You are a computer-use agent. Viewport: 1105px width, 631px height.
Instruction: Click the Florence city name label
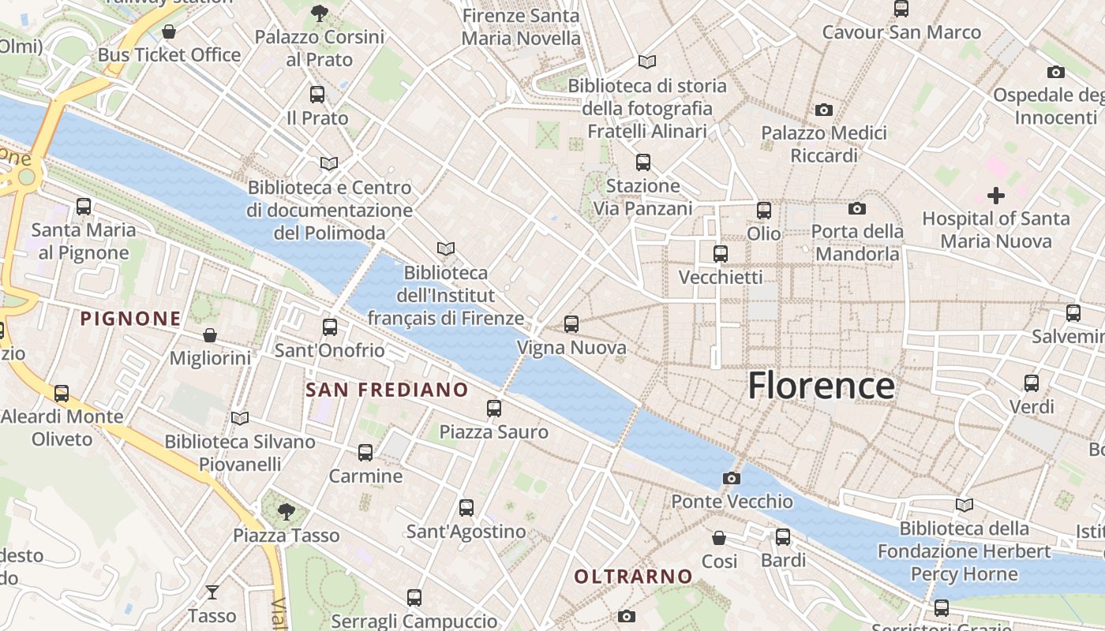(821, 386)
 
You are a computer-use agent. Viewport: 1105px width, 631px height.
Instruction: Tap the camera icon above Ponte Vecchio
(732, 478)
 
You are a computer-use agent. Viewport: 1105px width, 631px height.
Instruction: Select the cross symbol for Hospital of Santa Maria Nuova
(996, 195)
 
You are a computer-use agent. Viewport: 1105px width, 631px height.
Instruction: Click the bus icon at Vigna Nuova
(571, 324)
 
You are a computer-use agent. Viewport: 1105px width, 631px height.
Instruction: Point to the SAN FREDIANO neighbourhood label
(387, 390)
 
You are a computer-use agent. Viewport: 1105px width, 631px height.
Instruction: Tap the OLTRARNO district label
(633, 577)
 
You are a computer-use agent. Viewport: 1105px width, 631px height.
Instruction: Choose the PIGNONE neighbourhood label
(131, 319)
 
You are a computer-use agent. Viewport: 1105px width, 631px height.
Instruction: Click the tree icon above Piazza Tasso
(287, 512)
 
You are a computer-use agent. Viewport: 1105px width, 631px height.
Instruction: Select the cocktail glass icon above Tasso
(212, 592)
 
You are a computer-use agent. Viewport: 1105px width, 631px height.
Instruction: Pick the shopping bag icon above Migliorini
(210, 335)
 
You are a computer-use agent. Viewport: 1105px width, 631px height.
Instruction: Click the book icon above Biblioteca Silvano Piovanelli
(240, 418)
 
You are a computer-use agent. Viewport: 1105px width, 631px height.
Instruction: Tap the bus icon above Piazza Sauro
(494, 409)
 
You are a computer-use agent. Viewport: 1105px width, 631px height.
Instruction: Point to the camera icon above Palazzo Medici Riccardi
(824, 110)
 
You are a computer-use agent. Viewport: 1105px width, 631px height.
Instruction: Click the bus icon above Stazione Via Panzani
(643, 162)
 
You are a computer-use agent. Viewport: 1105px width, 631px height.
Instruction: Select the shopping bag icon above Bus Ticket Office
(168, 32)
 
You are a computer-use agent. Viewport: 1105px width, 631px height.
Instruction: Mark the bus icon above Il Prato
(317, 95)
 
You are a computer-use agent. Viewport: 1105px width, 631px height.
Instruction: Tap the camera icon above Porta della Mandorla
(857, 208)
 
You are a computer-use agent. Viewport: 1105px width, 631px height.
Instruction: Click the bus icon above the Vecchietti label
(720, 254)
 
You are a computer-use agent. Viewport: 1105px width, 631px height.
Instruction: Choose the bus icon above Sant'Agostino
(466, 508)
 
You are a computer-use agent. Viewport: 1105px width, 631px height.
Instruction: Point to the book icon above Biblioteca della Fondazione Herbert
(964, 505)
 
